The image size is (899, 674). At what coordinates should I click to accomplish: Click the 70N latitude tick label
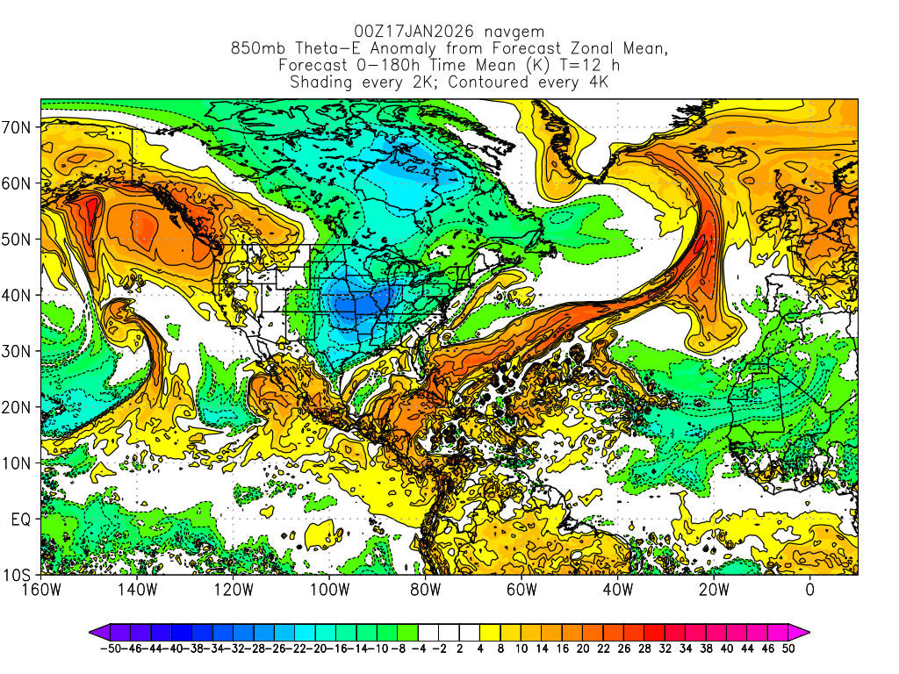[x=18, y=127]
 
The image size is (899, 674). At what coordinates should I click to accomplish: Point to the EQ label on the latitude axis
[x=22, y=520]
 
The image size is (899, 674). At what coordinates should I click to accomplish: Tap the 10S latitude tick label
[x=18, y=576]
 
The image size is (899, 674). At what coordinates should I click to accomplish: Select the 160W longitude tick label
[x=41, y=589]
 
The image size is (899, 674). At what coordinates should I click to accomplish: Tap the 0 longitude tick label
[x=810, y=589]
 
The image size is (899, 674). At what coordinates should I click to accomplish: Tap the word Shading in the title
[x=320, y=82]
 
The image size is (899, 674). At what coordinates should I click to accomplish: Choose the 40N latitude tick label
[x=18, y=295]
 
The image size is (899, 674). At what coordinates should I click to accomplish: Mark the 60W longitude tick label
[x=521, y=589]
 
